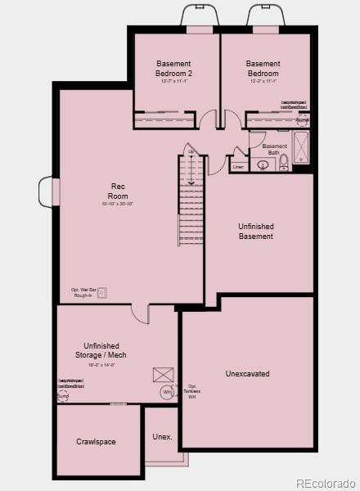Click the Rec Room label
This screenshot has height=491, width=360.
119,191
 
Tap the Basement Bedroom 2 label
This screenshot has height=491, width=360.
173,68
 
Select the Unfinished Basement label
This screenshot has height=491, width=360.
255,231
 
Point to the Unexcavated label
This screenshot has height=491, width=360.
247,374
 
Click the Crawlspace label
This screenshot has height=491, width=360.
96,442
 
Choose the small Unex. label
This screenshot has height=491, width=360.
162,437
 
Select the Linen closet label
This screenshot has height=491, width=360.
238,167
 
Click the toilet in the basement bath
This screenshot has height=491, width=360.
284,162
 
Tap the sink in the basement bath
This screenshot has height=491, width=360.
263,164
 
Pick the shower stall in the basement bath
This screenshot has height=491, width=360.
301,147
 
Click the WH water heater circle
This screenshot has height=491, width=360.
167,392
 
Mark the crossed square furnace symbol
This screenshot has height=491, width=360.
161,375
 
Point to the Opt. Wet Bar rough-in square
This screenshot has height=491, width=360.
102,291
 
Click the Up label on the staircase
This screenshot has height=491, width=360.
191,151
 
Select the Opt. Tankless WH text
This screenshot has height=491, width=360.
192,391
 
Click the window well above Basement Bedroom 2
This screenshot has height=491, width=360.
200,16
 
